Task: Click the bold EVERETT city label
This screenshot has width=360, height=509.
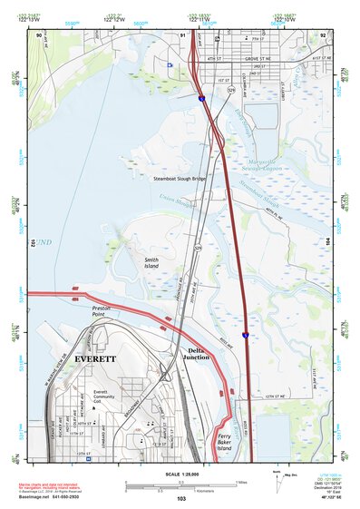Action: click(x=95, y=358)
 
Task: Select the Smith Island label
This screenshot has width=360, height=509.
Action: click(x=151, y=263)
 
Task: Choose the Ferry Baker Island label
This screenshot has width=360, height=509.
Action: click(x=225, y=443)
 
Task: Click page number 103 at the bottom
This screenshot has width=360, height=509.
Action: click(x=181, y=499)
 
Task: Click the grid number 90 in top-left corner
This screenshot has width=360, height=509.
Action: click(x=39, y=35)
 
